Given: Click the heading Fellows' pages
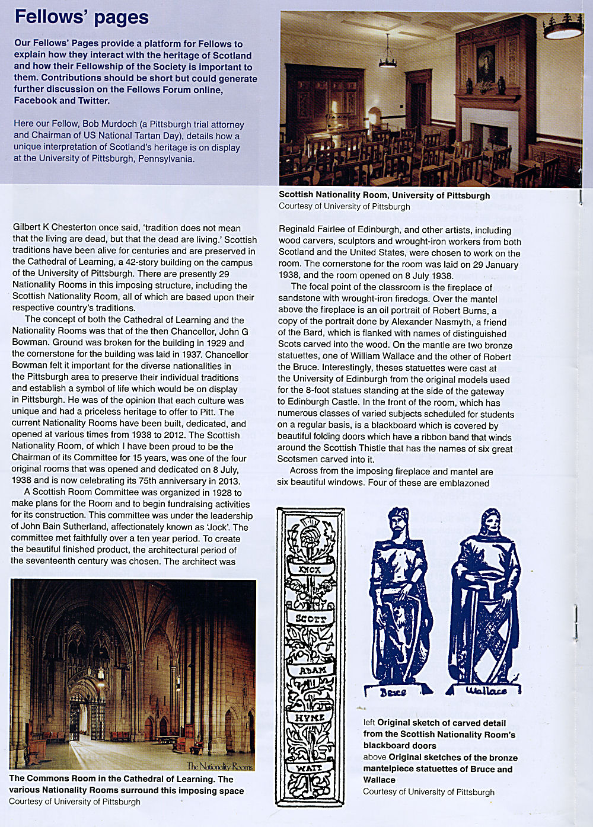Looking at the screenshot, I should tap(82, 17).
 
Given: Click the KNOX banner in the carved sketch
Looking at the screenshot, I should tap(310, 569).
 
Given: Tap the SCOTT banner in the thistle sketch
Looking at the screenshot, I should tap(311, 618).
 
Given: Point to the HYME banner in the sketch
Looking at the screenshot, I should tap(310, 717).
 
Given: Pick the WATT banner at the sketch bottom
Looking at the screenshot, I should tap(309, 768).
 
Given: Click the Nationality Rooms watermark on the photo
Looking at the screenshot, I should tap(219, 766).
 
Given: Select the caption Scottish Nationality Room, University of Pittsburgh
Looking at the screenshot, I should tap(384, 195).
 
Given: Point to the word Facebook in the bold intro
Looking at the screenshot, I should tap(35, 101).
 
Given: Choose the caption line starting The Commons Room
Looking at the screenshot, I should tap(121, 779).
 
